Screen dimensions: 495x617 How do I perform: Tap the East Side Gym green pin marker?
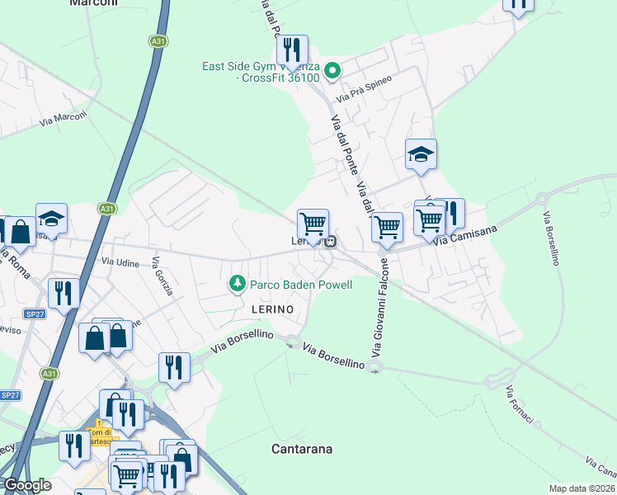[332, 71]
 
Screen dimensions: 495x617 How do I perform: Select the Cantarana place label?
[302, 450]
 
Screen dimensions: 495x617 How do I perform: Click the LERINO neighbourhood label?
[272, 308]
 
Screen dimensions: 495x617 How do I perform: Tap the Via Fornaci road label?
[520, 405]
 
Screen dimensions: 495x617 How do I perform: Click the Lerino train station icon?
[330, 242]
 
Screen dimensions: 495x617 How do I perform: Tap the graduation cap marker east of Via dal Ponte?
[421, 154]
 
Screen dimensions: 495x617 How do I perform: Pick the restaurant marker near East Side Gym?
[292, 50]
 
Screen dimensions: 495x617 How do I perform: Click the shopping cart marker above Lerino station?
[313, 224]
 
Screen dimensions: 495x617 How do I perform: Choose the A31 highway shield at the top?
[157, 40]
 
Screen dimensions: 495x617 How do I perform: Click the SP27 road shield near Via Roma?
[35, 314]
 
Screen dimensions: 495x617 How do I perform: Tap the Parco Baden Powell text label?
[302, 285]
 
